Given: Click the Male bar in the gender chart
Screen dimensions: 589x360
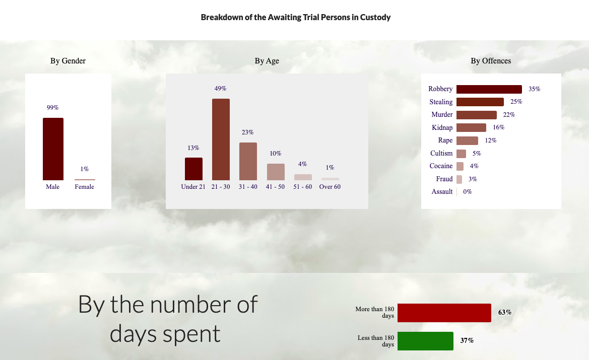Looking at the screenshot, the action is pos(53,149).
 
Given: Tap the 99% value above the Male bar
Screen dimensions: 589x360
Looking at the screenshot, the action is pos(52,108).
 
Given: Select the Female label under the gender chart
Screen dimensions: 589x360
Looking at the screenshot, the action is pos(85,187).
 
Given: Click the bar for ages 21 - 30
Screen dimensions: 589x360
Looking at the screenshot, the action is pos(221,139).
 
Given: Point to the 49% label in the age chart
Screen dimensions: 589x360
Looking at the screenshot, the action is pos(221,89).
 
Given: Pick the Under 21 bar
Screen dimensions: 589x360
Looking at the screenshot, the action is pos(193,169).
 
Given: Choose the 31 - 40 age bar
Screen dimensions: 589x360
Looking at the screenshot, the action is pos(248,162).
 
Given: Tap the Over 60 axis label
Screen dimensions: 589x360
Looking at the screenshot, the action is pos(330,187).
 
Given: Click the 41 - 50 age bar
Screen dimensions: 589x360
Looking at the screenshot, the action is pos(276,172).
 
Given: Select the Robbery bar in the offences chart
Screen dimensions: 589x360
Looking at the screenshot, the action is pos(489,89).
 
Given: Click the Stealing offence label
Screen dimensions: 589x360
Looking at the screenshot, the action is pos(441,102).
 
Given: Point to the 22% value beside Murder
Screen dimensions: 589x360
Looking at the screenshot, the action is pos(509,115).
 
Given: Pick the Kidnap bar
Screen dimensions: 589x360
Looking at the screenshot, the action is pos(471,127).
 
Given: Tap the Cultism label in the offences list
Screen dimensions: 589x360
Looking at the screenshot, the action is pos(441,153).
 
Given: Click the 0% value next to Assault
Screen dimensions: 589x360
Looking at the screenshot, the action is pos(467,192).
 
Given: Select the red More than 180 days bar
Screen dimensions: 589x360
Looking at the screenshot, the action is pos(444,313).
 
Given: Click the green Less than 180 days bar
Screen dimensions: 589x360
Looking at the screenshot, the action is pos(425,341).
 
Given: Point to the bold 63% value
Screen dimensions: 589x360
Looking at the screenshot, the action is pos(505,312).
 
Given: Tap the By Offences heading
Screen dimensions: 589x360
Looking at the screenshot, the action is pos(491,61).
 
